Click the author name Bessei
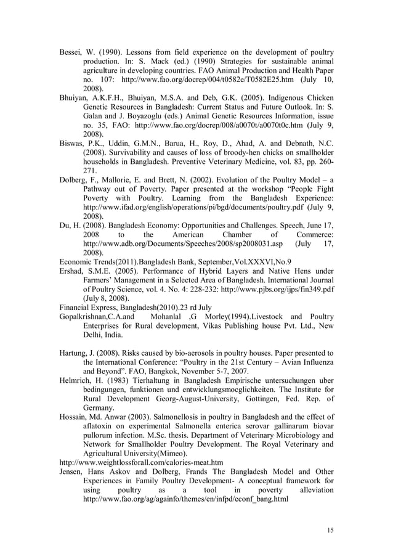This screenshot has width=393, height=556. (70, 52)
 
